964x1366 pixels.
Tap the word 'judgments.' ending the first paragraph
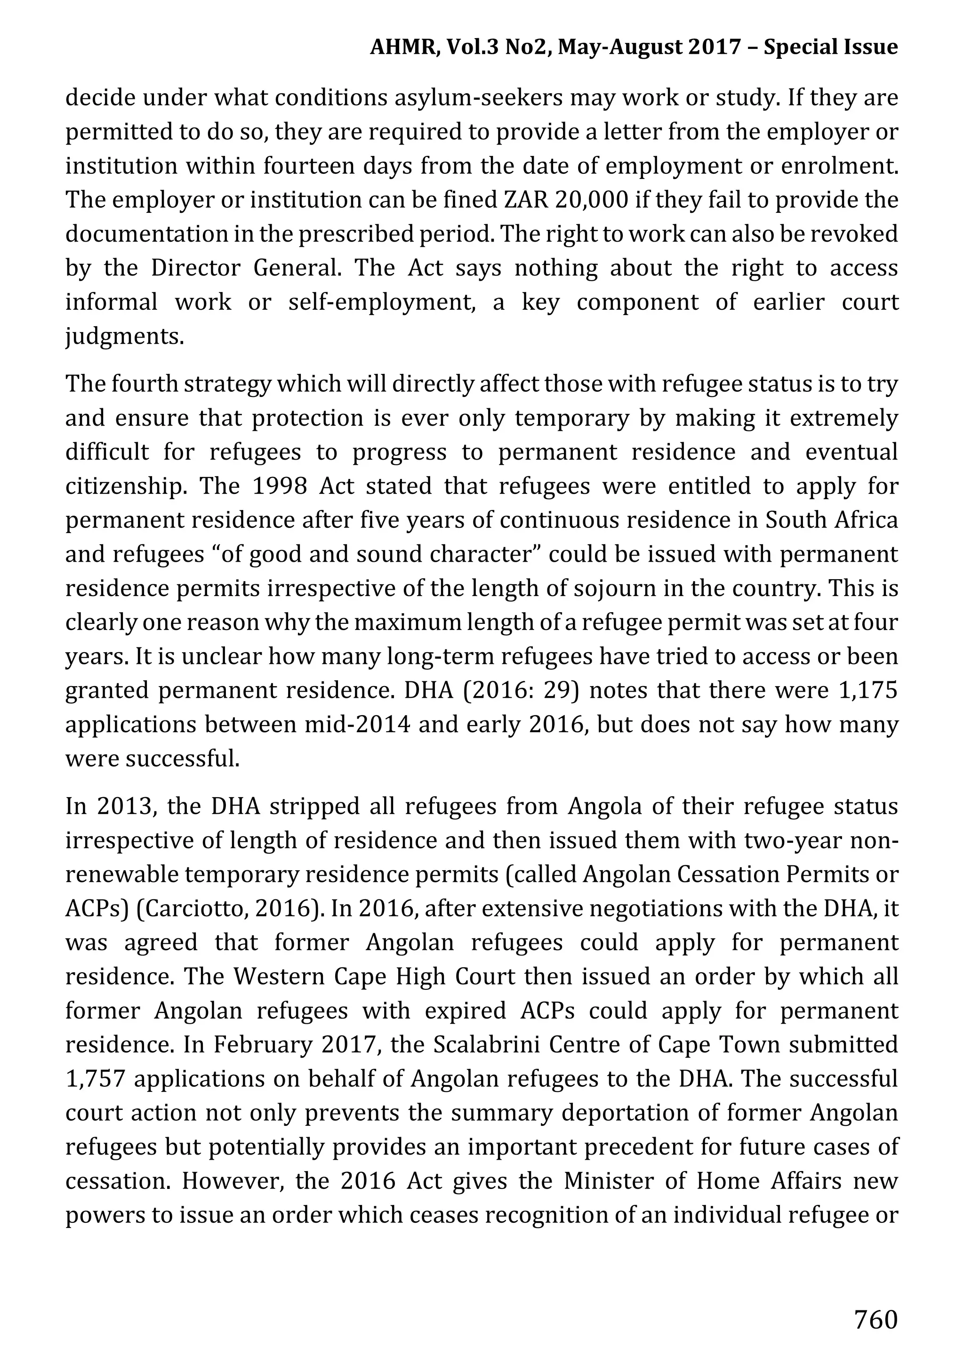(124, 337)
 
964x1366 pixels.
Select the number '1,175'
(867, 690)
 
